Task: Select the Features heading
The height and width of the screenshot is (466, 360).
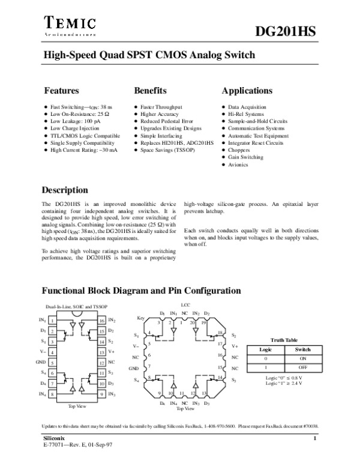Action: click(x=62, y=91)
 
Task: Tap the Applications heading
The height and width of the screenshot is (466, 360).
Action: click(x=247, y=91)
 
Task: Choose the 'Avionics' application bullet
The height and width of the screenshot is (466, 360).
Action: click(x=238, y=165)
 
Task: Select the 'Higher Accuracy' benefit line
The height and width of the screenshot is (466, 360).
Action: click(x=159, y=113)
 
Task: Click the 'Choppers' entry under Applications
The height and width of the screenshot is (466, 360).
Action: click(x=238, y=150)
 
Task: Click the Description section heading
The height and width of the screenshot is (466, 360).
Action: click(x=64, y=190)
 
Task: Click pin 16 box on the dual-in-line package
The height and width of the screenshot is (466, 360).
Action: click(x=102, y=321)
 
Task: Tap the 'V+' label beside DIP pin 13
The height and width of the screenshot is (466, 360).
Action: click(x=111, y=352)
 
